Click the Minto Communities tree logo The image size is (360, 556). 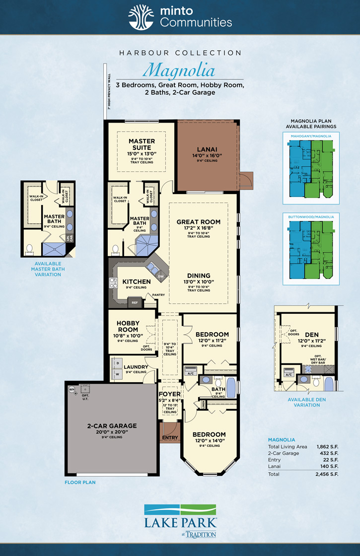pos(141,17)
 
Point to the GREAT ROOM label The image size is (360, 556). pos(199,222)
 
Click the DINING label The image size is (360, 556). pos(199,276)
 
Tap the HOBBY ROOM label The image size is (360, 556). pos(128,326)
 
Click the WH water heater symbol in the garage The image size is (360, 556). pos(71,389)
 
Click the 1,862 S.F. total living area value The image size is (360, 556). pos(328,447)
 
